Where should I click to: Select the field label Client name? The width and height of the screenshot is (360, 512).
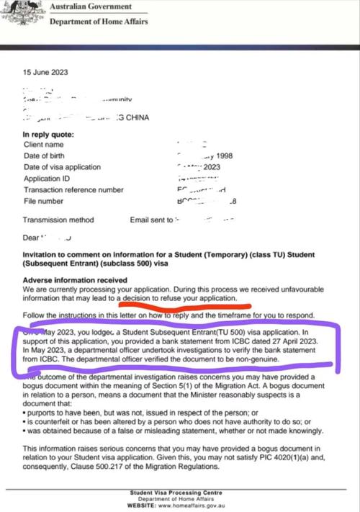coord(45,144)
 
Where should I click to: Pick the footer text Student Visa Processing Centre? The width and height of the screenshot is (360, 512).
coord(180,492)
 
